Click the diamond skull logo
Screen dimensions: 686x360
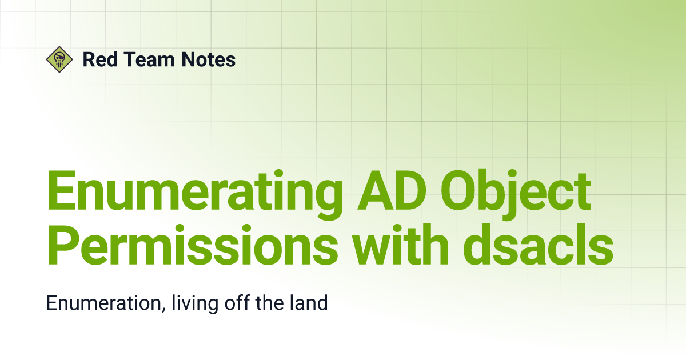(59, 59)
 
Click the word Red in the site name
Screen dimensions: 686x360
(100, 59)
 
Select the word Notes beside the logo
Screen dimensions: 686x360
(209, 59)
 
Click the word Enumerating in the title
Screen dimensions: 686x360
(195, 194)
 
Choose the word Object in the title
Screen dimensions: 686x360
(516, 194)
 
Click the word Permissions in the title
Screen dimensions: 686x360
(193, 245)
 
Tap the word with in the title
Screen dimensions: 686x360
(400, 245)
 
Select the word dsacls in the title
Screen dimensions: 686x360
(539, 245)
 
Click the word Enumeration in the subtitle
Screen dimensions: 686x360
(104, 303)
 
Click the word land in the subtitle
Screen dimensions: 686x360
(309, 302)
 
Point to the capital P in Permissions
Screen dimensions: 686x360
(63, 245)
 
